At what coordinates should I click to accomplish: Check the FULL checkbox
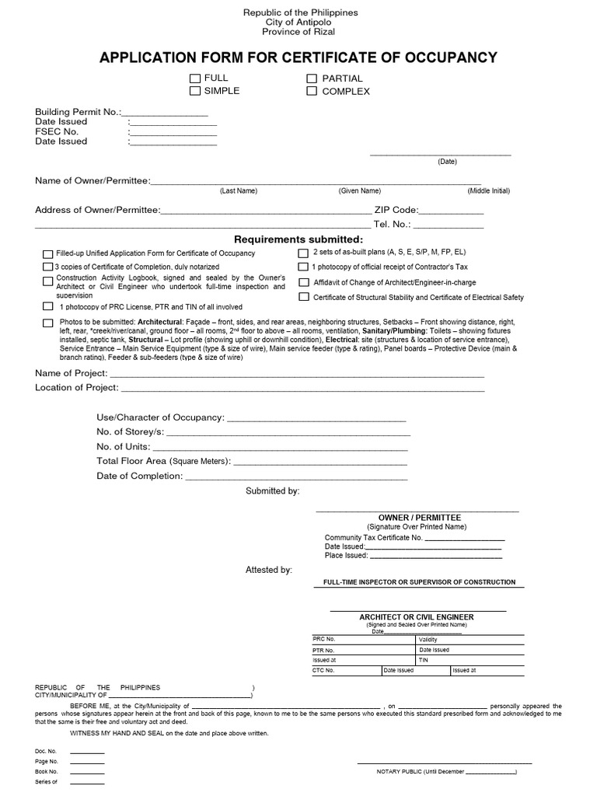point(194,79)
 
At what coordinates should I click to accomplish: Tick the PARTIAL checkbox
point(312,79)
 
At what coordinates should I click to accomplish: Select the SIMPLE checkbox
point(194,91)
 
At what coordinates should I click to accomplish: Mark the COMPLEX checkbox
point(312,91)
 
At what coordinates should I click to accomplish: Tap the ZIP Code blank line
point(451,211)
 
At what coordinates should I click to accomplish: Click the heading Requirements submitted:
point(298,239)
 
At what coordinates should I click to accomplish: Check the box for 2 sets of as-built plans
point(304,253)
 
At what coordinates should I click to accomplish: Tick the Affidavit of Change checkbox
point(304,282)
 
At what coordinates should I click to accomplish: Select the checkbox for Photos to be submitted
point(48,323)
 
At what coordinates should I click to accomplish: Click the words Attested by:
point(269,570)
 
